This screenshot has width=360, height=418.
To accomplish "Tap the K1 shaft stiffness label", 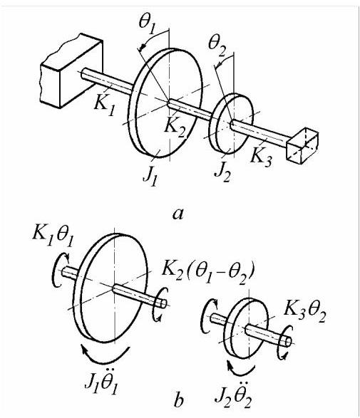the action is (x=105, y=105).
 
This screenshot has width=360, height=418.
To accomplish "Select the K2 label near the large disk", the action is (x=175, y=127).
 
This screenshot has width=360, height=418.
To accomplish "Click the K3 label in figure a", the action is (x=262, y=157).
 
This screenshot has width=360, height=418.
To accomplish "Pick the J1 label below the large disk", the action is (x=150, y=176).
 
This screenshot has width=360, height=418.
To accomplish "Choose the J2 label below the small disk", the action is (x=223, y=172).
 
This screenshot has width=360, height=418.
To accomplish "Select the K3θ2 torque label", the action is (x=305, y=313).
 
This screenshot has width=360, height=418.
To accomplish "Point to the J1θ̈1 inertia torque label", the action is (x=101, y=383).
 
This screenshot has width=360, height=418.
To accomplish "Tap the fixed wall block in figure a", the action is (x=71, y=71).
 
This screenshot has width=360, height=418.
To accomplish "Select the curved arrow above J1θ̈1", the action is (x=105, y=362).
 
